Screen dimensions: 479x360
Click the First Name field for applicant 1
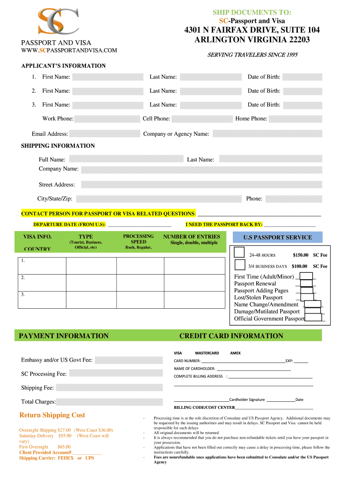coord(108,77)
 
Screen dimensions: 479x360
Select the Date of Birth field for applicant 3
coord(302,105)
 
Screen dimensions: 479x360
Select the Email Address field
coord(105,134)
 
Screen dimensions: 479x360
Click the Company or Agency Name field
coord(267,134)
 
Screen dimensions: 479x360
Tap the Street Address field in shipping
coord(201,185)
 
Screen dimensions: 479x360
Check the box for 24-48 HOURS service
coord(239,253)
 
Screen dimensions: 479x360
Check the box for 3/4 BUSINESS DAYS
coord(240,265)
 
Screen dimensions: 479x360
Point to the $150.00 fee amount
coord(301,255)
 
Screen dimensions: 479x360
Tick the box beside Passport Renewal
coord(306,283)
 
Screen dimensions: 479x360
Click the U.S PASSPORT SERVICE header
coord(278,237)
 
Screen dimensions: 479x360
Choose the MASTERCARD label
coord(207,353)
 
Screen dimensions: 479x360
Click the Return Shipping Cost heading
coord(52,415)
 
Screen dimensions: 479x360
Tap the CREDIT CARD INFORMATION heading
coord(231,336)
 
